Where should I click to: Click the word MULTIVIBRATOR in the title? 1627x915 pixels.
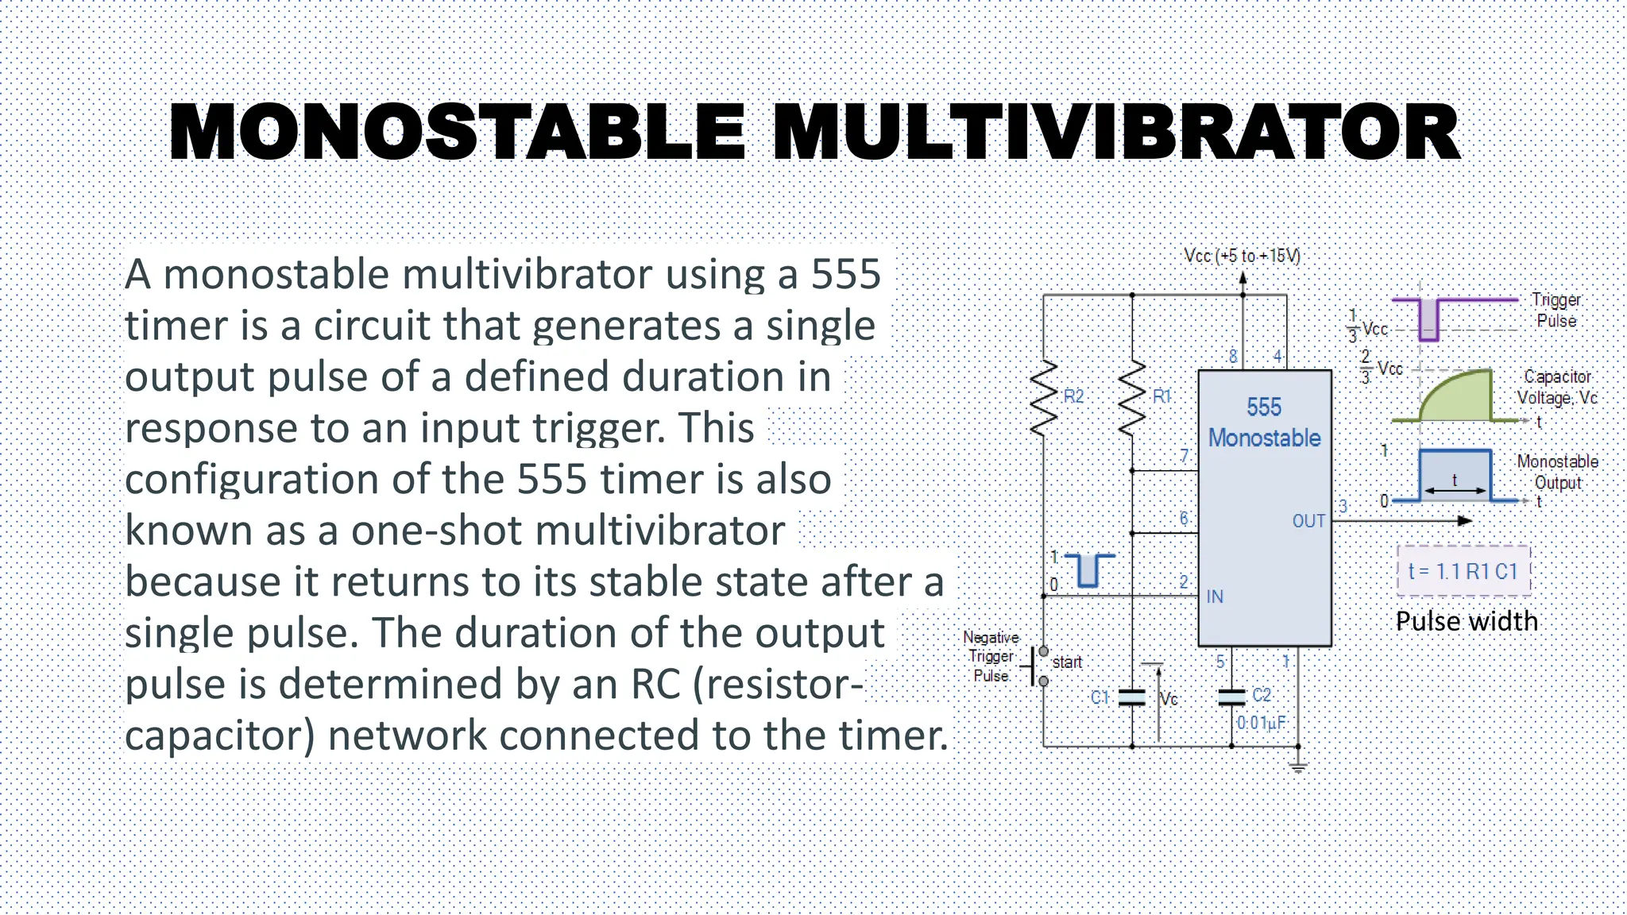(x=1116, y=133)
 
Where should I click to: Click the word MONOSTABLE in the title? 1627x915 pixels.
(x=458, y=133)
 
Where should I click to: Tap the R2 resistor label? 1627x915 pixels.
(x=1073, y=396)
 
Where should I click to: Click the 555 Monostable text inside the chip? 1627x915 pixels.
(x=1264, y=423)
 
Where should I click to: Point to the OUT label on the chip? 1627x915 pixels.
(x=1308, y=521)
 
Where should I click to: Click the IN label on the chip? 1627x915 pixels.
(x=1215, y=596)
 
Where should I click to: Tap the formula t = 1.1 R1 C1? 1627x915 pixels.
(x=1463, y=571)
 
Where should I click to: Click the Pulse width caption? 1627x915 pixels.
(x=1467, y=621)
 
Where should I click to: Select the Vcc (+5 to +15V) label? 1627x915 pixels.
(x=1242, y=256)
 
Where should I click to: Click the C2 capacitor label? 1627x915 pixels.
(x=1262, y=695)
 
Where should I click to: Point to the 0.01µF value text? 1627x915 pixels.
(x=1261, y=723)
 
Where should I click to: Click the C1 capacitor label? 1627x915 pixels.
(x=1099, y=697)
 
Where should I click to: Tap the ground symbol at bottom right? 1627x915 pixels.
(x=1298, y=766)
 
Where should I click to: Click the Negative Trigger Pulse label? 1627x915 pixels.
(x=991, y=657)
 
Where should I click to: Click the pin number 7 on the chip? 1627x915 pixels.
(x=1184, y=456)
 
